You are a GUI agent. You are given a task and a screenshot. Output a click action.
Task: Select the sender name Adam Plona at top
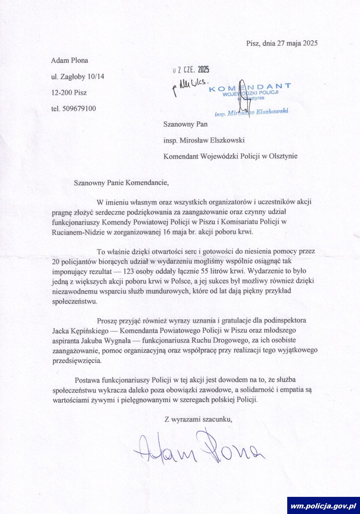[70, 60]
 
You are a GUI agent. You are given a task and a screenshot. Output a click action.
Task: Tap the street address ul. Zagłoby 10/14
[77, 77]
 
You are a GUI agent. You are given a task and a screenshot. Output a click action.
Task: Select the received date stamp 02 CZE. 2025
[190, 70]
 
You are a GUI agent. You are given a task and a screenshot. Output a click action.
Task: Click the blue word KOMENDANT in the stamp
[250, 87]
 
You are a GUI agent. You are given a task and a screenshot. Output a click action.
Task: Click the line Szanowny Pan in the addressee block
[185, 124]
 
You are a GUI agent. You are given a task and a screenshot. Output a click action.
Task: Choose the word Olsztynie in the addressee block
[283, 156]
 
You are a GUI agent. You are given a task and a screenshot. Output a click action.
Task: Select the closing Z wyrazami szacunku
[198, 419]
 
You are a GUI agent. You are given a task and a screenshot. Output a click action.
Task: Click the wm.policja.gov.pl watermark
[323, 506]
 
